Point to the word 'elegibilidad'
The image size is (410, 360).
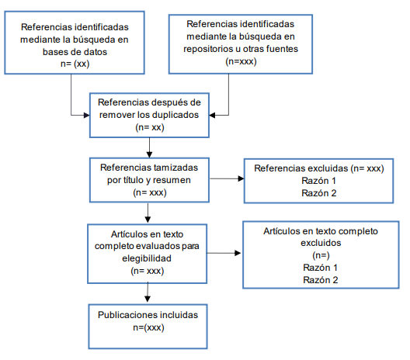pos(147,258)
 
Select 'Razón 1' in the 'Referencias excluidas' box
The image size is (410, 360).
pos(318,181)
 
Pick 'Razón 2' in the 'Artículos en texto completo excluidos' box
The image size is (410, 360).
pos(320,280)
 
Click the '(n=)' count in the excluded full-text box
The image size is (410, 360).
pos(321,255)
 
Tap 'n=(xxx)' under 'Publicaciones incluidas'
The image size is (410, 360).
pos(148,327)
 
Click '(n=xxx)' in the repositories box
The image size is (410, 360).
pos(241,61)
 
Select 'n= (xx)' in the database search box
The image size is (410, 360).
pos(75,64)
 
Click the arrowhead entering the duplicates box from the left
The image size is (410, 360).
pos(87,115)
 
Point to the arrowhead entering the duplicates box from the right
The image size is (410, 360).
pos(212,115)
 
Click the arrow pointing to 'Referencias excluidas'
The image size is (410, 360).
pos(227,178)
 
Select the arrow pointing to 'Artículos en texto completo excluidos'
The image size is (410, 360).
pos(224,253)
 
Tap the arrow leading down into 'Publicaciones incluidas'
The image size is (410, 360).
pos(148,292)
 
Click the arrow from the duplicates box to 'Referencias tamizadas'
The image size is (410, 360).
pos(149,147)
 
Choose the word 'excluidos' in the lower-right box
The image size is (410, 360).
pos(321,243)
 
